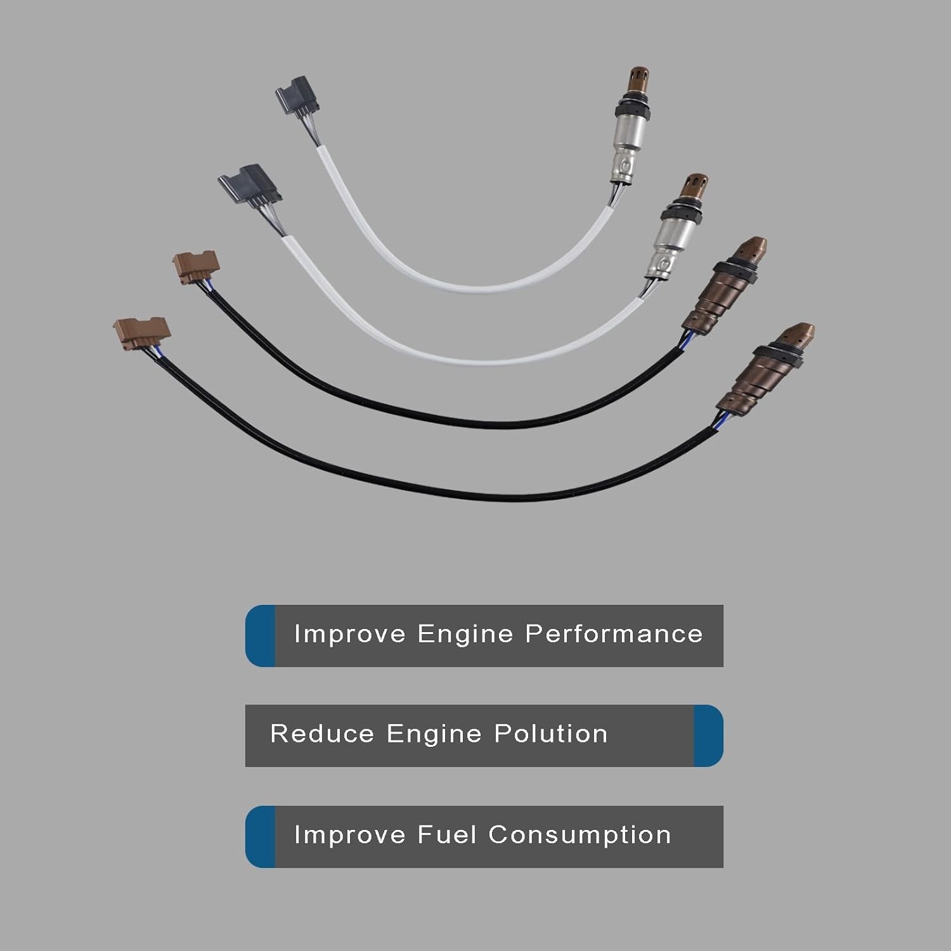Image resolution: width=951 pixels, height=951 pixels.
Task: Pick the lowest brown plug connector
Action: point(142,331)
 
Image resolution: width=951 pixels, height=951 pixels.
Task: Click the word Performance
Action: point(614,635)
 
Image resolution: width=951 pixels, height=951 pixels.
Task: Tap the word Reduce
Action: point(322,734)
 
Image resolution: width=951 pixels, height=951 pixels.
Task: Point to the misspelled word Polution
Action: point(551,734)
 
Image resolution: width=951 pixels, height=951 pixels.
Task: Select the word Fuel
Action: point(446,835)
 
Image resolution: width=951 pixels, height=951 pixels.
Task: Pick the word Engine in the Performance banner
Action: point(465,635)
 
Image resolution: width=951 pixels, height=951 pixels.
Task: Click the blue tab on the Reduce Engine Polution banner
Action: point(708,735)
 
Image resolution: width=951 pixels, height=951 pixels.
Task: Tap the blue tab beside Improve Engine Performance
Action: point(260,635)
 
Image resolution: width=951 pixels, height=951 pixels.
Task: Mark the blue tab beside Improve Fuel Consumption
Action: point(260,837)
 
